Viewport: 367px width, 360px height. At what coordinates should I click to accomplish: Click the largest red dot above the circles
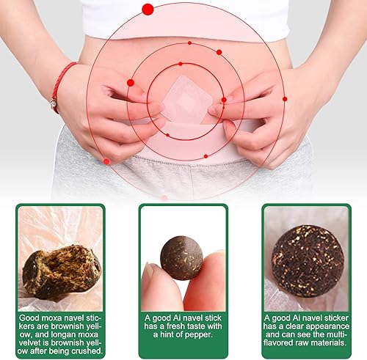pos(148,9)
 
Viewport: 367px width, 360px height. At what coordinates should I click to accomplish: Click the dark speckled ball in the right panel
pos(307,260)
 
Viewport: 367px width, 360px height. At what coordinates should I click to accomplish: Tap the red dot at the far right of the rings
pos(284,98)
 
